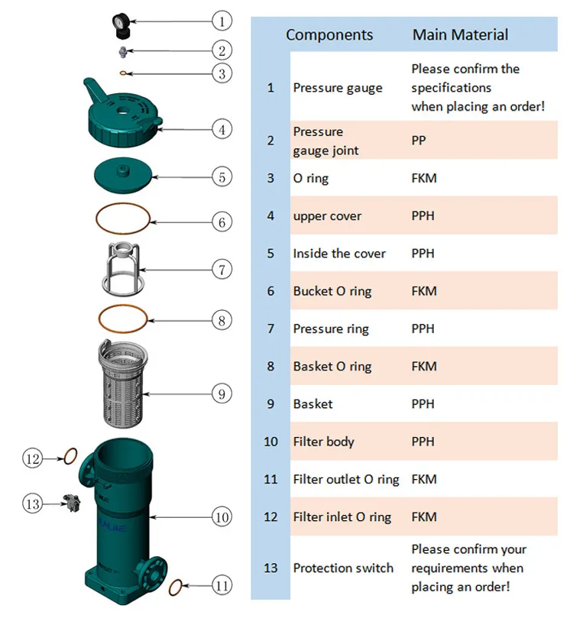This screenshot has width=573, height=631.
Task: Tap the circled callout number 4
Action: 221,129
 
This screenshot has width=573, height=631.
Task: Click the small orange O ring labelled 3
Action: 124,73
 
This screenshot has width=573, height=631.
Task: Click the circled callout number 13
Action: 32,503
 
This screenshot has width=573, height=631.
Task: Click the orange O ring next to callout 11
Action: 174,587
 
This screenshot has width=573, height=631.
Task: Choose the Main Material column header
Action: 460,34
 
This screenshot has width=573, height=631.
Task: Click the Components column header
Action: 329,34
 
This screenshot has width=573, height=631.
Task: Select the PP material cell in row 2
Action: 419,141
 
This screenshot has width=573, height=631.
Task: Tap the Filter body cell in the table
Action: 324,442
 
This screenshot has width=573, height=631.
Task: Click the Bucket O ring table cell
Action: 332,291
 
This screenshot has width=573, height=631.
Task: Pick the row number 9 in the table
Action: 270,404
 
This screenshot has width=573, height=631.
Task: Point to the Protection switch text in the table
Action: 343,568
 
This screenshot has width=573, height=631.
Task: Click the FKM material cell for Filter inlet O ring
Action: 424,516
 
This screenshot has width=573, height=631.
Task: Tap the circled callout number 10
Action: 222,517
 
